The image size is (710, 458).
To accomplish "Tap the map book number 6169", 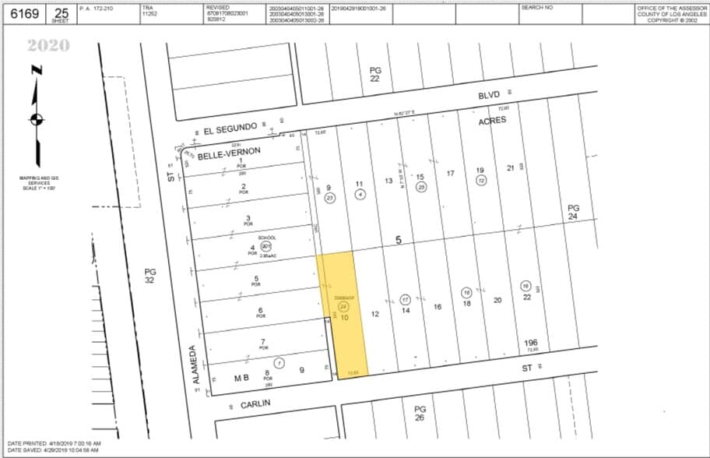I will click(x=23, y=14).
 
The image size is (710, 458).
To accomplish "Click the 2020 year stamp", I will click(x=48, y=45).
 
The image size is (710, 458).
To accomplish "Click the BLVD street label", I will click(x=488, y=94).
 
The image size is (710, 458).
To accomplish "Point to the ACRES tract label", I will click(x=492, y=120).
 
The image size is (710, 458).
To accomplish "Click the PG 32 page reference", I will click(x=150, y=278).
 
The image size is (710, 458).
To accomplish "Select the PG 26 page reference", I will click(x=420, y=414).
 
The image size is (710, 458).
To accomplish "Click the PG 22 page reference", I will click(x=375, y=74).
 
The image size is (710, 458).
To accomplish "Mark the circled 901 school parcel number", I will click(x=266, y=245).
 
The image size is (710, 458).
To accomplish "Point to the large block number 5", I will click(x=398, y=241).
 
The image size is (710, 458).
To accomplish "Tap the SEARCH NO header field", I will click(x=537, y=6).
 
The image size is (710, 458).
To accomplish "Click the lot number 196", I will click(x=531, y=343).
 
